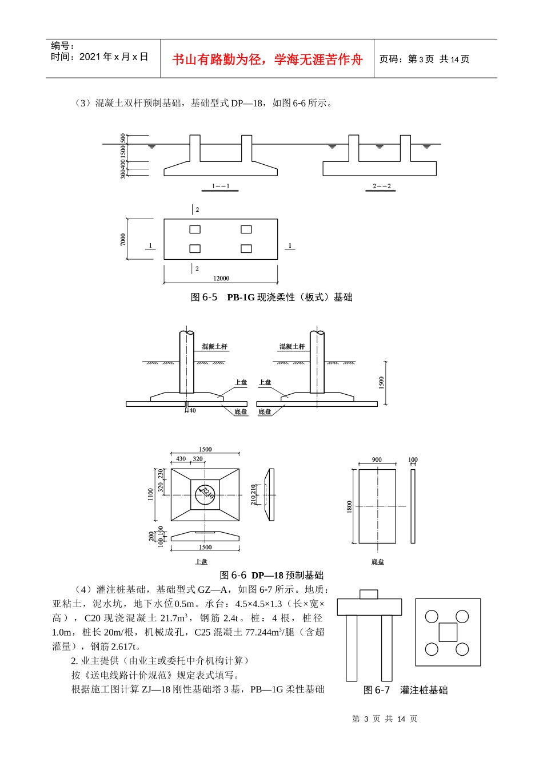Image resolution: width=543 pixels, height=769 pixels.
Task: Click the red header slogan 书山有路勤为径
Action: pyautogui.click(x=267, y=60)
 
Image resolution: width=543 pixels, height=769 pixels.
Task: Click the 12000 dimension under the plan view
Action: pyautogui.click(x=221, y=278)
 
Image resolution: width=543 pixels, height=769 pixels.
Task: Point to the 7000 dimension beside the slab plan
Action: pyautogui.click(x=123, y=239)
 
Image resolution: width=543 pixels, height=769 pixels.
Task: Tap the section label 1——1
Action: pyautogui.click(x=221, y=187)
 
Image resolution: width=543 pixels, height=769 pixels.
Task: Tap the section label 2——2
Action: pyautogui.click(x=381, y=187)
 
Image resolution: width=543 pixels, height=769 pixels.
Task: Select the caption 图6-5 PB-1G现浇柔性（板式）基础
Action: pyautogui.click(x=271, y=297)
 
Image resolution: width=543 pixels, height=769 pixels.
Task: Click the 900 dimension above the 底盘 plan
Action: pyautogui.click(x=377, y=459)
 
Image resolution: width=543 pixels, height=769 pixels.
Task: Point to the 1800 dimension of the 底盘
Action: pyautogui.click(x=349, y=507)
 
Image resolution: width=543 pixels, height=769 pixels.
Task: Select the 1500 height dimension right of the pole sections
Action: pyautogui.click(x=382, y=383)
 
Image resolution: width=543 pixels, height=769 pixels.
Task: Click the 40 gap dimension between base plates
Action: pyautogui.click(x=192, y=410)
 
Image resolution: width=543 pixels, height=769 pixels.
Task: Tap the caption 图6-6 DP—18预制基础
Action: pyautogui.click(x=271, y=575)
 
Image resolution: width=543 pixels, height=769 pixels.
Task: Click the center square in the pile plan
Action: pyautogui.click(x=448, y=632)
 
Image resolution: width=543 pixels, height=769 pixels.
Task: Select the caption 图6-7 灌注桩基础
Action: pyautogui.click(x=406, y=690)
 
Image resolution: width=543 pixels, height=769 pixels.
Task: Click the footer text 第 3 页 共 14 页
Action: pyautogui.click(x=385, y=719)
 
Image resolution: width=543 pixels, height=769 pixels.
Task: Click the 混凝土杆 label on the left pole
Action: pyautogui.click(x=214, y=347)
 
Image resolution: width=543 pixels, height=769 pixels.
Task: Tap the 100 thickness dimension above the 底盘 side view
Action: pyautogui.click(x=413, y=459)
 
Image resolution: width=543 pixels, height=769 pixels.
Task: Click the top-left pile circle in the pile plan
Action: pyautogui.click(x=432, y=616)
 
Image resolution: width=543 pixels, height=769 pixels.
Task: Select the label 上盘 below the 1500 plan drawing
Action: pyautogui.click(x=201, y=562)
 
